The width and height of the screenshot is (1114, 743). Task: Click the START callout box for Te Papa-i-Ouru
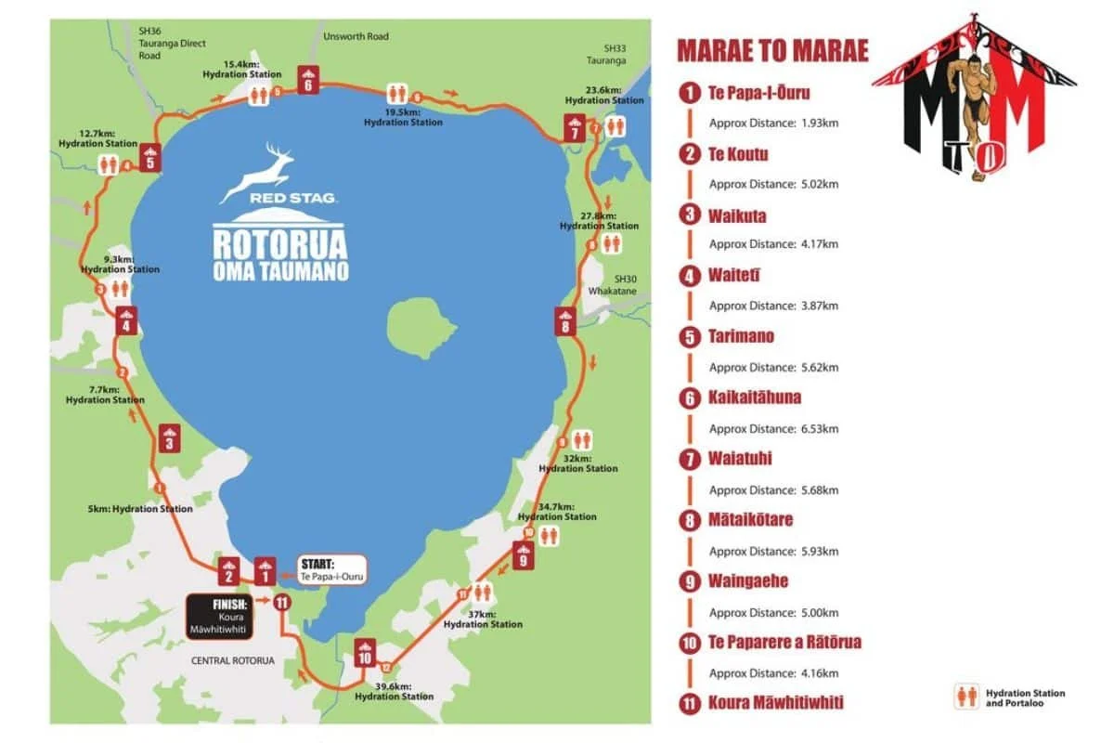[x=331, y=569]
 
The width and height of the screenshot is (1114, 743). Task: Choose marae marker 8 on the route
[x=564, y=321]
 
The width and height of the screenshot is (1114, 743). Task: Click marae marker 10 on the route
[x=365, y=653]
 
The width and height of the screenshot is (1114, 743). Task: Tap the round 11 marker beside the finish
[x=283, y=602]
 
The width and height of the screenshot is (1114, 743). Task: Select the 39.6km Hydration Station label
[x=394, y=691]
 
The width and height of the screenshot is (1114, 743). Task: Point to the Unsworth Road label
[x=356, y=37]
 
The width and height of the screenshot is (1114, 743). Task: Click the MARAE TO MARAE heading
[x=772, y=50]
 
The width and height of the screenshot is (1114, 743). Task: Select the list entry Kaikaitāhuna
[x=755, y=398]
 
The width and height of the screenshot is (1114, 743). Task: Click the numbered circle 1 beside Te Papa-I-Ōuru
[x=689, y=93]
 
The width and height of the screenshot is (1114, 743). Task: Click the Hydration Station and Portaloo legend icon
[x=966, y=697]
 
